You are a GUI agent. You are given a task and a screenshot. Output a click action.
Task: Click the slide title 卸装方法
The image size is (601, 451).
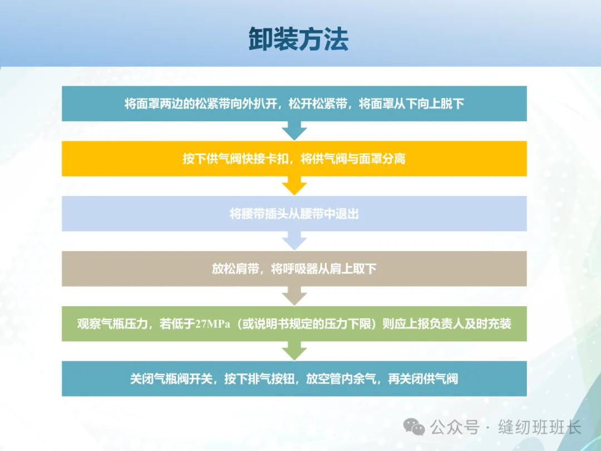pos(299,40)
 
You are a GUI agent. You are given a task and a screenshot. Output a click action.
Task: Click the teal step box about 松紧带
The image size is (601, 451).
pos(294,104)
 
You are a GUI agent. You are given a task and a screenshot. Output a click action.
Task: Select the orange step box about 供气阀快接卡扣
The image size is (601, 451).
pos(294,159)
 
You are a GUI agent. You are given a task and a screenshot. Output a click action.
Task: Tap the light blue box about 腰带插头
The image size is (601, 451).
pos(294,214)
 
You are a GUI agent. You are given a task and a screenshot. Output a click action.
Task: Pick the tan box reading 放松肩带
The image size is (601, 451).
pos(294,269)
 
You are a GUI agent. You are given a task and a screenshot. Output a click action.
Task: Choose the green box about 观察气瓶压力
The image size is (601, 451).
pos(294,324)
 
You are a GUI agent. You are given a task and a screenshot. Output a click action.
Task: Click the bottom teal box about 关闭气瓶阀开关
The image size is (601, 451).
pos(294,379)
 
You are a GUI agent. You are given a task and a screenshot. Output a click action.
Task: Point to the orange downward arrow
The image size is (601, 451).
pos(294,185)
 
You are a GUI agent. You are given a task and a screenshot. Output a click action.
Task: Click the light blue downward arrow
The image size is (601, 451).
pos(294,241)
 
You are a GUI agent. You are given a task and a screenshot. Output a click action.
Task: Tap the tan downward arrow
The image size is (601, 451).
pos(294,296)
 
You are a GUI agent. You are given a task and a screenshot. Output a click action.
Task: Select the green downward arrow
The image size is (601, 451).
pos(294,351)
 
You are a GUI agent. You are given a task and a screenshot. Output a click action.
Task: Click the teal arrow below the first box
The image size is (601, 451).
pos(294,131)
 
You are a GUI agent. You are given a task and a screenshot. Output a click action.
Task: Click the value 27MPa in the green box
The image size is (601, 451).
pos(213,324)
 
